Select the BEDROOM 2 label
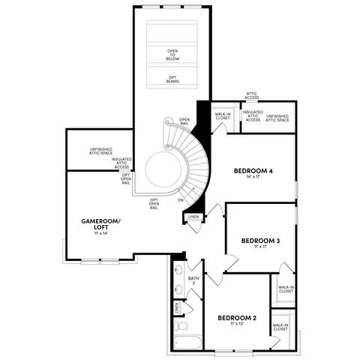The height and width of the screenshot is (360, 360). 237,318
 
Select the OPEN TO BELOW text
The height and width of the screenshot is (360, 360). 172,55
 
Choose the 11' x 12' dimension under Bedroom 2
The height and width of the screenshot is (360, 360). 237,325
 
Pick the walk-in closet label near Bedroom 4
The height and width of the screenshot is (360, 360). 223,116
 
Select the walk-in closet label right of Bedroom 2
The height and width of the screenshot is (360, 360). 280,327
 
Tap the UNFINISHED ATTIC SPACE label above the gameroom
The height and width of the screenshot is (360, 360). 100,152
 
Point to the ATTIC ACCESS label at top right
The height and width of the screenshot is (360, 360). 252,96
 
